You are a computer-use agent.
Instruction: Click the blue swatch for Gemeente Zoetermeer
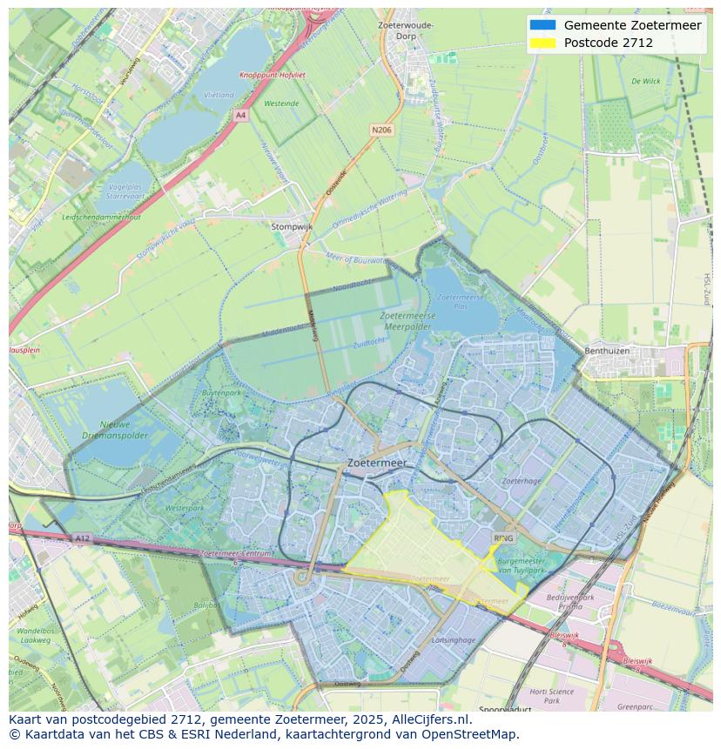pos(542,25)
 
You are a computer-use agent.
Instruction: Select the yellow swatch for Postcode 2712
pos(542,43)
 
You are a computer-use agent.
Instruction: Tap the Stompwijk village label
pos(292,226)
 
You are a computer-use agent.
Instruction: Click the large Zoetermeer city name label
pos(376,464)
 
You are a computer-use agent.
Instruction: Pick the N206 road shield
pos(381,130)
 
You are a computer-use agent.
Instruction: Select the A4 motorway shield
pos(240,115)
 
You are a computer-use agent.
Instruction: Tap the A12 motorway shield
pos(82,538)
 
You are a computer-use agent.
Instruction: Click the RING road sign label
pos(503,538)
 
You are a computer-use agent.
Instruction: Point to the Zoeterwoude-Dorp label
pos(406,31)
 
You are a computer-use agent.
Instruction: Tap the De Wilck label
pos(645,81)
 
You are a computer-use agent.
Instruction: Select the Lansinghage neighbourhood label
pos(453,639)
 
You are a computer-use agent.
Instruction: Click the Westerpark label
pos(184,507)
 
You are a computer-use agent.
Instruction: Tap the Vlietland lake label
pos(218,95)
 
